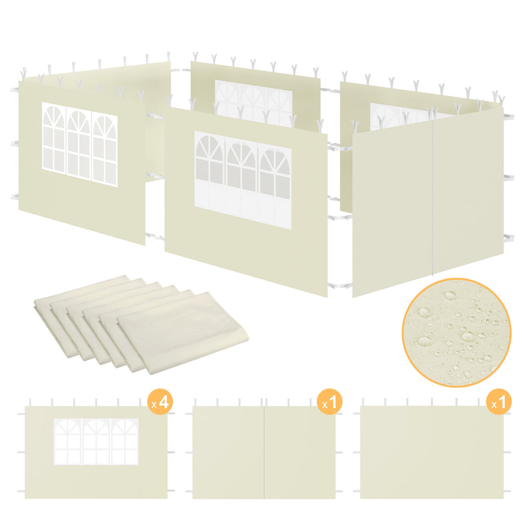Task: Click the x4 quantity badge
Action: click(x=159, y=402)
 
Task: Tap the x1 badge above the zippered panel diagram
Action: click(x=329, y=402)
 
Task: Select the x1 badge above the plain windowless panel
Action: click(x=498, y=402)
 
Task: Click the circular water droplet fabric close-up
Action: click(x=456, y=332)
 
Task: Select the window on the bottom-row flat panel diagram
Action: click(x=96, y=441)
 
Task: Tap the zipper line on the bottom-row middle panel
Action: click(x=264, y=452)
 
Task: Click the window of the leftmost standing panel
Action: click(x=80, y=144)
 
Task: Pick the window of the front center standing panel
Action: click(x=243, y=179)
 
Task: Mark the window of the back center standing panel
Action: click(x=253, y=101)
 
